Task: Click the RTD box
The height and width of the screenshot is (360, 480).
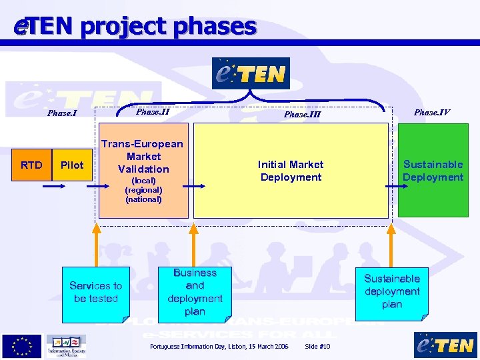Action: pos(31,165)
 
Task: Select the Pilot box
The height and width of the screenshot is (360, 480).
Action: pos(72,165)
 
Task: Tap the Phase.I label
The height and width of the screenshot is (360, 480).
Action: pos(62,113)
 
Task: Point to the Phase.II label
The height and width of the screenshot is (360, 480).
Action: pos(153,111)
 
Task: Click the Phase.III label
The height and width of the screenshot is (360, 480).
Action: pos(302,115)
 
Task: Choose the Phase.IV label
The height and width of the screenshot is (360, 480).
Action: pos(431,112)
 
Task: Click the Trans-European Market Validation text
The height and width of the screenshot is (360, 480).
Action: pos(142,156)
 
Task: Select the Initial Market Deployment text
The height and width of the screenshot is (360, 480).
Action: pos(291,171)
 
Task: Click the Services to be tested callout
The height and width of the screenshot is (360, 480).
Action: pos(95,292)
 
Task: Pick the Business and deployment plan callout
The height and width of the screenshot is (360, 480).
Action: pos(195,292)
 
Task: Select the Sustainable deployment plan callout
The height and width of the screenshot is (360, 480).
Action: pos(392,291)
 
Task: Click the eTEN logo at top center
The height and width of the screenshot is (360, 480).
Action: pos(251,73)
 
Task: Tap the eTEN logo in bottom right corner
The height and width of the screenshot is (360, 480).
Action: pos(445,345)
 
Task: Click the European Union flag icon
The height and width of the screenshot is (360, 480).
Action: pos(21,346)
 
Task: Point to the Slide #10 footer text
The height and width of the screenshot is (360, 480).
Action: pos(317,347)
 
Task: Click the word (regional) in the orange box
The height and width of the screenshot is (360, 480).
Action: pos(143,190)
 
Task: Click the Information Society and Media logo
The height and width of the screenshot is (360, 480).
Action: pos(66,346)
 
